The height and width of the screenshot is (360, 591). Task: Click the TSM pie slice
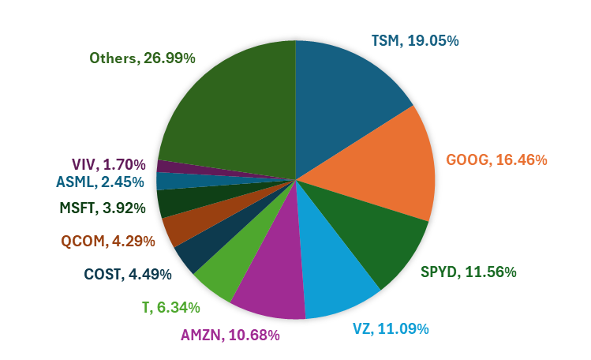[347, 95]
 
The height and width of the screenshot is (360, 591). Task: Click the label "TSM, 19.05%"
[414, 40]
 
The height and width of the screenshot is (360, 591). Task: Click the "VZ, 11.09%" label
[391, 328]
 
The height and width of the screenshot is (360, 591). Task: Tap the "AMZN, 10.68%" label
[230, 335]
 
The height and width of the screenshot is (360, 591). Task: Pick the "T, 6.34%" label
[172, 306]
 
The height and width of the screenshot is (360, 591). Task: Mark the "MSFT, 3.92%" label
[102, 208]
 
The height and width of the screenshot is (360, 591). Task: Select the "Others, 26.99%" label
[142, 58]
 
